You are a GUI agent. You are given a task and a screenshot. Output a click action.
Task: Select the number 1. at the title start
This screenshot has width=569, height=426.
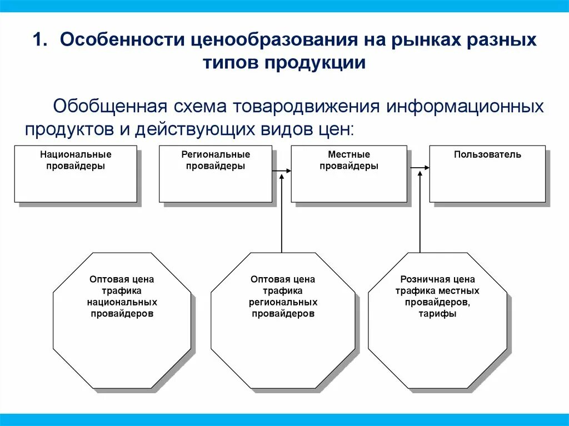coord(42,41)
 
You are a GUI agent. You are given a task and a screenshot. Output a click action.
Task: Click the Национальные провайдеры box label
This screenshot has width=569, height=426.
coord(76,160)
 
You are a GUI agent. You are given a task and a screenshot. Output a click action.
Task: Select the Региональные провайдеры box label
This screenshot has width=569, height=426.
coord(216,160)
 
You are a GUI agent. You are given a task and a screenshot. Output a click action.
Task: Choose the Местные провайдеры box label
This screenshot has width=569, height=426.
coord(349,160)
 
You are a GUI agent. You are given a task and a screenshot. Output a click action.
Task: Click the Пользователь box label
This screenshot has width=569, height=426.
coord(487,154)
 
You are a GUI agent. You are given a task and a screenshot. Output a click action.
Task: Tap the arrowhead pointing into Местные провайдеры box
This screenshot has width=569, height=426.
coord(288,168)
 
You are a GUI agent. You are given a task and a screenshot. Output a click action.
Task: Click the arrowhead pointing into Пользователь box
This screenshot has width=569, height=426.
coord(426,167)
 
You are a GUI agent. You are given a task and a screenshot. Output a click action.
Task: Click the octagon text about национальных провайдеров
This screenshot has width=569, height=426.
coord(122,297)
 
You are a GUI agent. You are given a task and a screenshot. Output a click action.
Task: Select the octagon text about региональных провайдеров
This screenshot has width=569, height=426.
coord(283,297)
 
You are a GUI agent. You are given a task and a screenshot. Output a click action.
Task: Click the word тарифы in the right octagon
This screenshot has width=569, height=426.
coord(438,314)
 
